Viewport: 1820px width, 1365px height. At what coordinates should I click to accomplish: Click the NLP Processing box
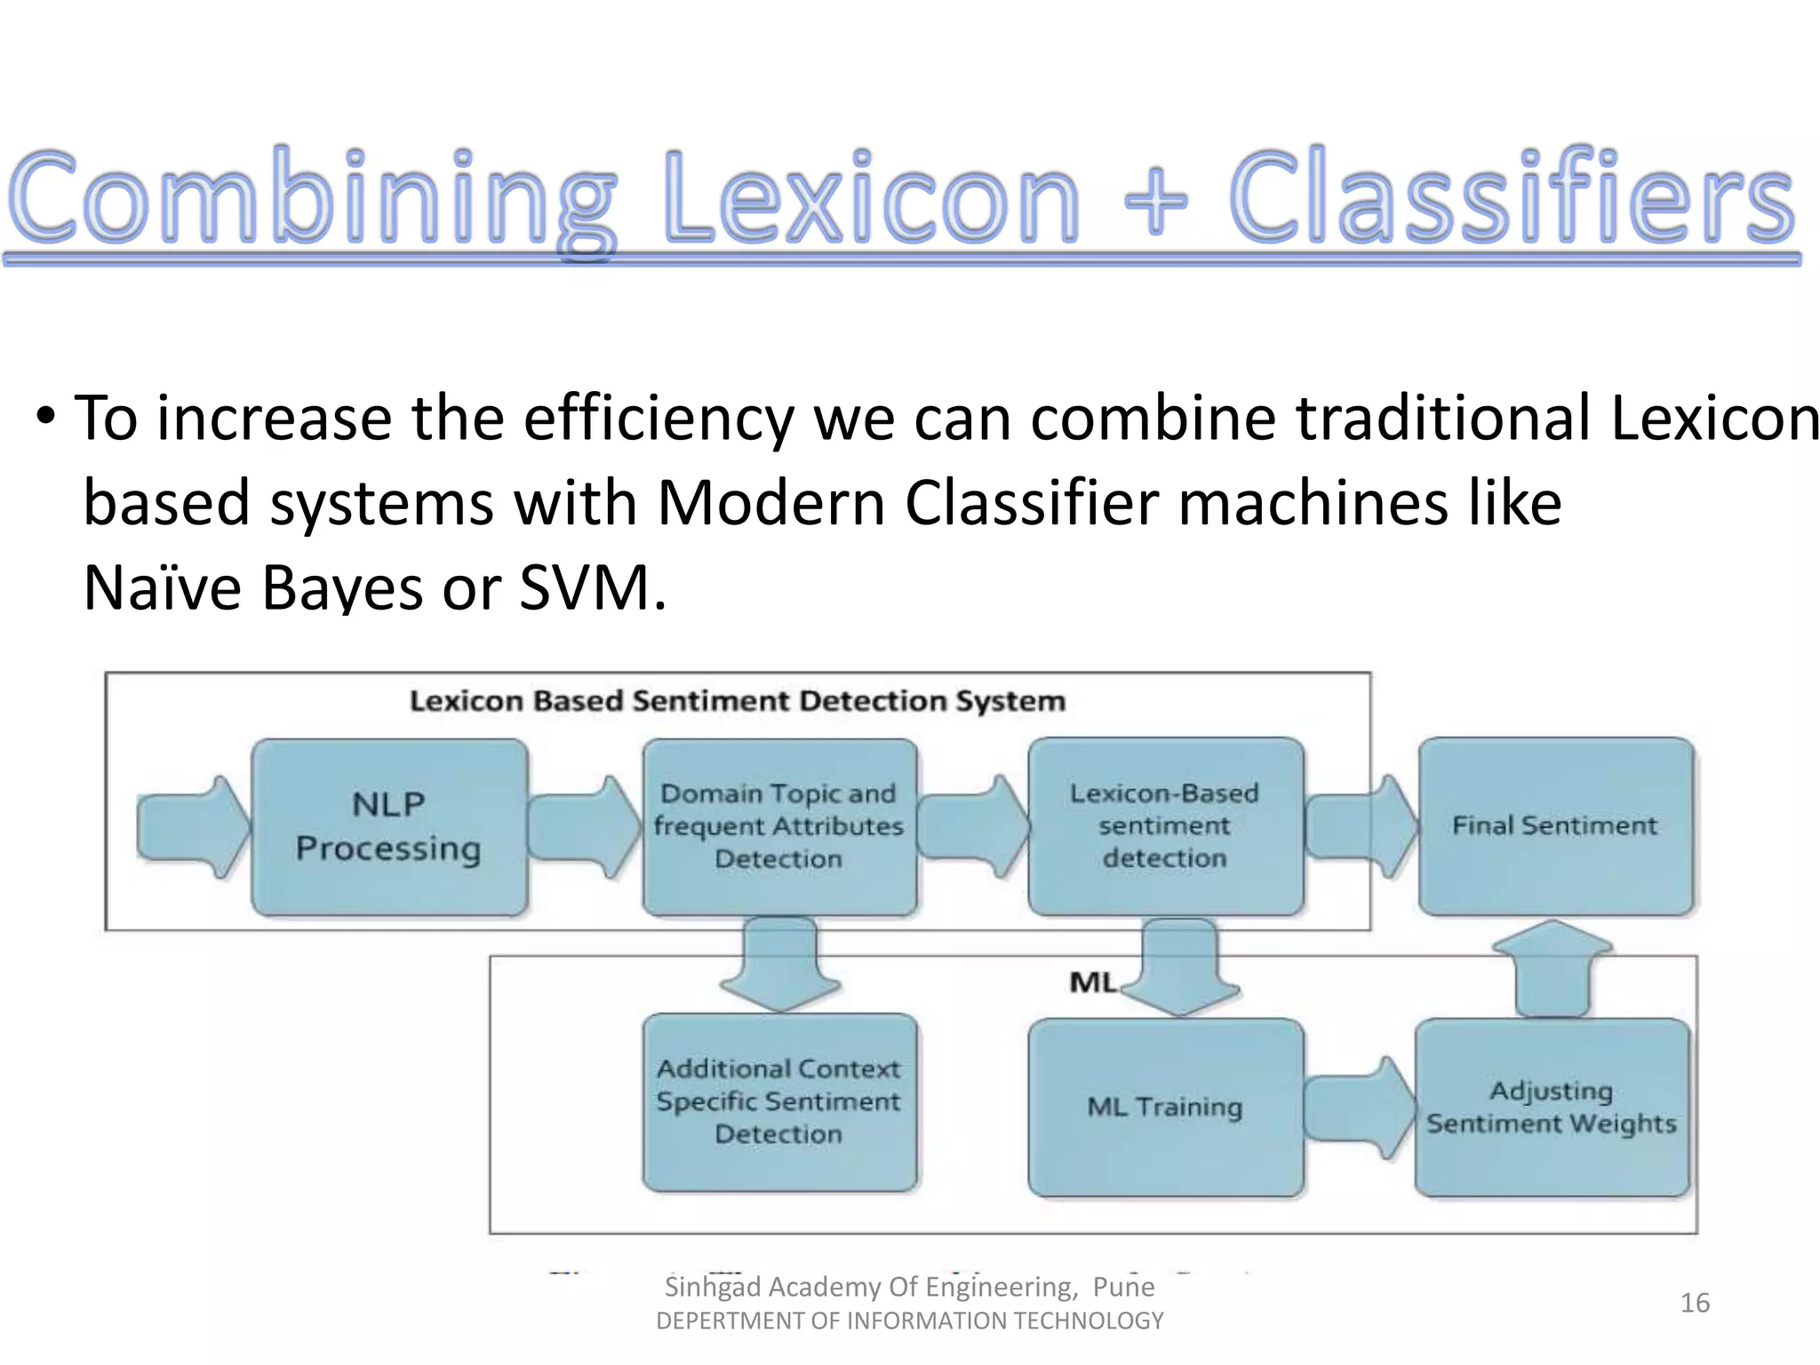[389, 827]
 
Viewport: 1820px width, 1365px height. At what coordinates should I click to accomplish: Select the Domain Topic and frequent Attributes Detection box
[779, 827]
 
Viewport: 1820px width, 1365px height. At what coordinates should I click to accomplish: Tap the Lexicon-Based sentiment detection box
[1165, 826]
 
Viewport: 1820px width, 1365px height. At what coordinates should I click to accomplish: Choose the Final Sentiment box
[1555, 826]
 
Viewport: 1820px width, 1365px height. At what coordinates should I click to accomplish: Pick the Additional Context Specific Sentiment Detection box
[779, 1102]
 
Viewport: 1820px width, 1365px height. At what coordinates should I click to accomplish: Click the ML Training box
[1165, 1107]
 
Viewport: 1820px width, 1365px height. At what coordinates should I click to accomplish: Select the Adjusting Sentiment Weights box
[1552, 1107]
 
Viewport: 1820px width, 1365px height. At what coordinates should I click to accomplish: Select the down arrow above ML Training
[1179, 967]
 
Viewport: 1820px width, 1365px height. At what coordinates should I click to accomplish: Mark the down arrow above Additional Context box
[780, 965]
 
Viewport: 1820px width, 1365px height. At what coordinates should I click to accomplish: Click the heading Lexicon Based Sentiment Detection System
[737, 701]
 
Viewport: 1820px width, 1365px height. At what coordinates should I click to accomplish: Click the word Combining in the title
[311, 200]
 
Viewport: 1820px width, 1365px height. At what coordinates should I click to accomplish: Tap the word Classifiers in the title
[1511, 200]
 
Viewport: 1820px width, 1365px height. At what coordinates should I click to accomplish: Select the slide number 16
[1695, 1303]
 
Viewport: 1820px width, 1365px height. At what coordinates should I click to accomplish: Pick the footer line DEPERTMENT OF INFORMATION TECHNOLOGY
[910, 1321]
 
